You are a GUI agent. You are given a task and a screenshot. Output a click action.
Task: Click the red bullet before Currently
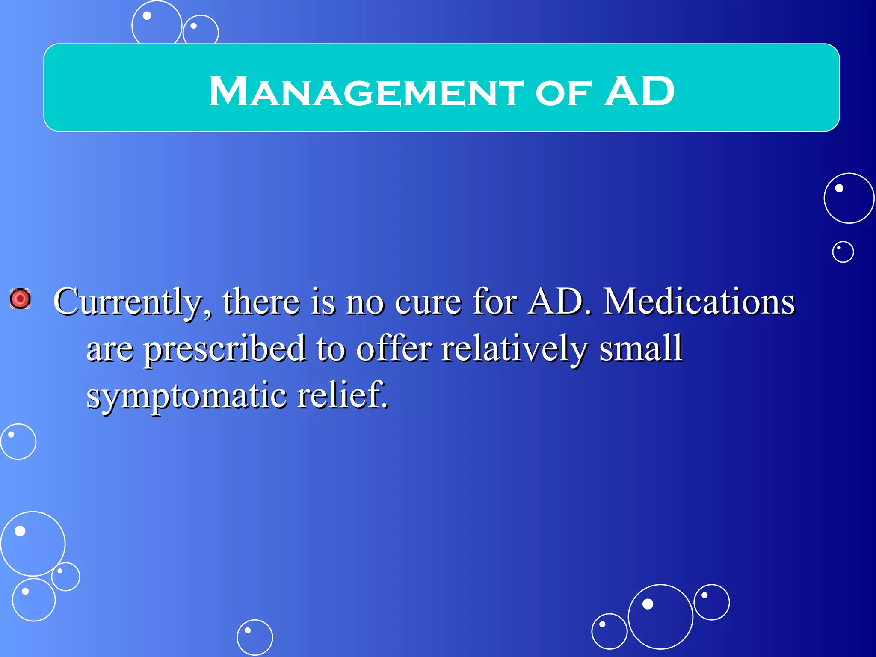[x=20, y=299]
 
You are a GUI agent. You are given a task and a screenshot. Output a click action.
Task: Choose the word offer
[x=394, y=348]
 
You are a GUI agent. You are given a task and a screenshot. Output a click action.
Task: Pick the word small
[x=640, y=348]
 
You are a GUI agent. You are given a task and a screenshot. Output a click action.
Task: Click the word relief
[x=343, y=394]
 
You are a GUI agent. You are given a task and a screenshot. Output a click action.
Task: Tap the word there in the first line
[x=261, y=302]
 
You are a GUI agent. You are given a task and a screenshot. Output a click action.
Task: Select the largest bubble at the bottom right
[x=660, y=616]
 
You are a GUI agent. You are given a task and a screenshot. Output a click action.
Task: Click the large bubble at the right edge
[x=849, y=198]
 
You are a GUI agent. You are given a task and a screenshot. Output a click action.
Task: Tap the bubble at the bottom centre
[x=255, y=637]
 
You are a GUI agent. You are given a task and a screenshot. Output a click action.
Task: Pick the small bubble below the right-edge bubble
[x=843, y=252]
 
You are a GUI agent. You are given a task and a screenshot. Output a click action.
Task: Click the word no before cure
[x=364, y=303]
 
